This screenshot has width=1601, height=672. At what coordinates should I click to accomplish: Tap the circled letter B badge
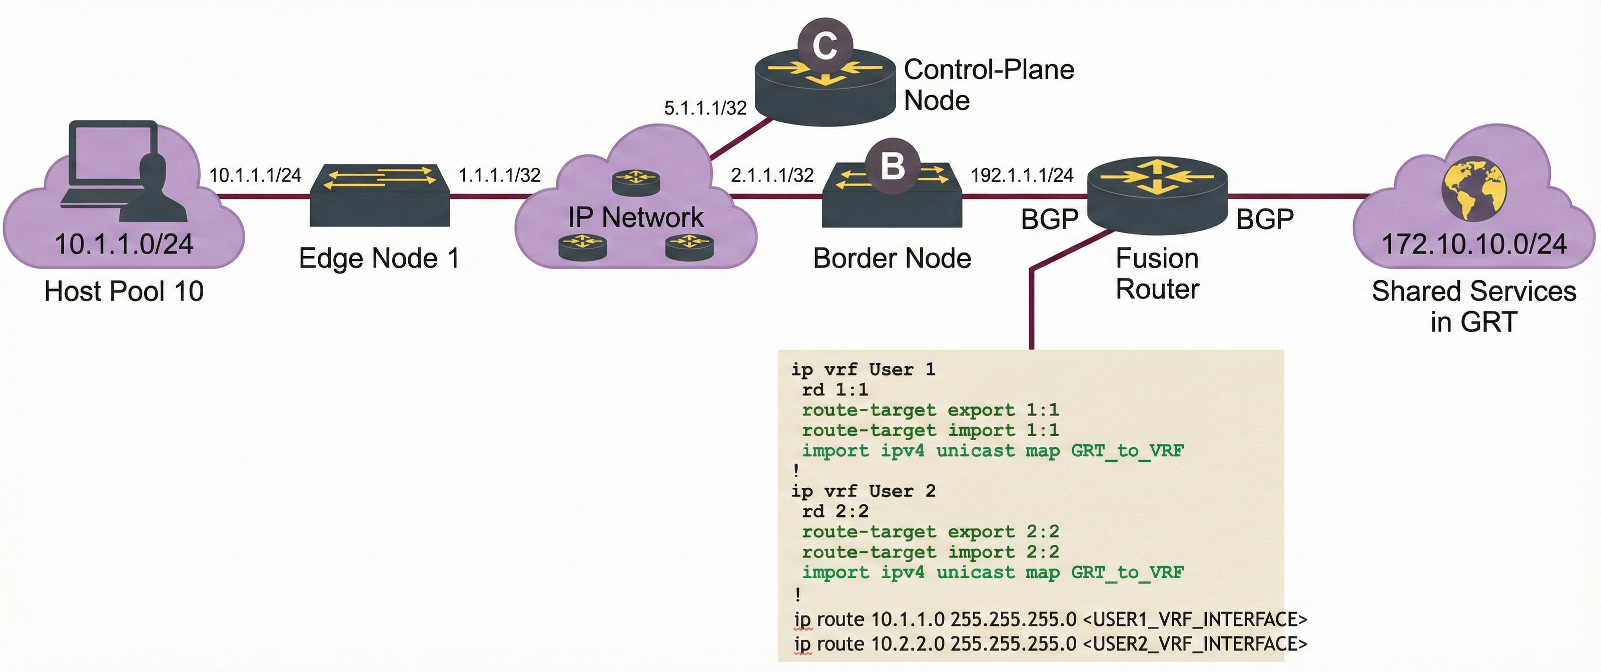893,166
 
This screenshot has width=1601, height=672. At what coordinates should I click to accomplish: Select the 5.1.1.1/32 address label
705,108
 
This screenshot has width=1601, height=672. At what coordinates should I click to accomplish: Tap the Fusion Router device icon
1157,195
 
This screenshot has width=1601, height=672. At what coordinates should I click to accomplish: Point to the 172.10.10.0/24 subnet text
1473,244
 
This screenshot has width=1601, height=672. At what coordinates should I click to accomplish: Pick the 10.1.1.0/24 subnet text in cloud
124,244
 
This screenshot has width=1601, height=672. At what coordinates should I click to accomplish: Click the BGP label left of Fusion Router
1049,219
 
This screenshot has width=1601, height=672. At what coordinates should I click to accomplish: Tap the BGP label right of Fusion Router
1265,219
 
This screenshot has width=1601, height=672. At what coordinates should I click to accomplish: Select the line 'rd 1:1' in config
835,390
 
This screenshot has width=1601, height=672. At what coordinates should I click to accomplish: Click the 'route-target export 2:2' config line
930,531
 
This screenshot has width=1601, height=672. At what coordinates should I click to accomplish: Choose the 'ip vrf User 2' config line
863,491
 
